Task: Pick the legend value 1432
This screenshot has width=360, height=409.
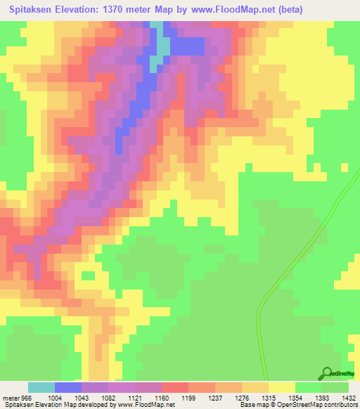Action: (349, 398)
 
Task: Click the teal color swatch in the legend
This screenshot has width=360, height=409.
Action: (41, 387)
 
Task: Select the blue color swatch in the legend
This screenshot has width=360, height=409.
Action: (67, 387)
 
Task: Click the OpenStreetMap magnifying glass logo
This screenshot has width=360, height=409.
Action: (326, 373)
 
